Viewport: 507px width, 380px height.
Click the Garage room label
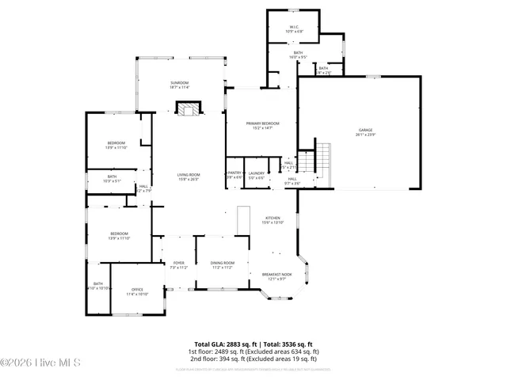(365, 131)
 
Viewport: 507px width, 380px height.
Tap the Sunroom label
(179, 83)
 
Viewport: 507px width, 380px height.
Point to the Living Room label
(189, 175)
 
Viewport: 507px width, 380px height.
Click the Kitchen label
(273, 218)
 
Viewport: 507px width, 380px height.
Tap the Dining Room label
(223, 263)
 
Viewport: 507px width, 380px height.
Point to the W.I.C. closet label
(295, 29)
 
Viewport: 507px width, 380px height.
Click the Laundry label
(256, 173)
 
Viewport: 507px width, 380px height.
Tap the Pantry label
(234, 173)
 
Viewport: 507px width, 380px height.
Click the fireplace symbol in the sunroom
(188, 109)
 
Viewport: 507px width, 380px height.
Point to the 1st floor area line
(253, 351)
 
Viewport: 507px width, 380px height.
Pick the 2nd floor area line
(253, 359)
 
